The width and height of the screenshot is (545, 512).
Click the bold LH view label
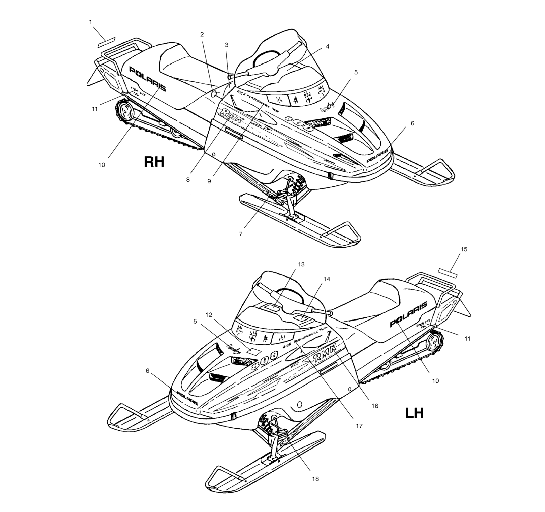coord(414,413)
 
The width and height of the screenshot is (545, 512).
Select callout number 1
coord(91,22)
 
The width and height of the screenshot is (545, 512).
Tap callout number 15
coord(464,249)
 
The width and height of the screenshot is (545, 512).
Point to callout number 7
coord(241,234)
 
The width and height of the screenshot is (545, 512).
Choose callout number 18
coord(315,479)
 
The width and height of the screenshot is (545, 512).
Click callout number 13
coord(301,264)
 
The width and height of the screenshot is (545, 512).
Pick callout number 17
coord(359,426)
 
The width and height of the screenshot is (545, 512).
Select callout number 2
coord(202,34)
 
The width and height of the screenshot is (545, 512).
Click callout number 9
coord(209,181)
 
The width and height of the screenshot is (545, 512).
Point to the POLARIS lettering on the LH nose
coord(188,398)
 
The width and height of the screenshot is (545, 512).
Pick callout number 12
coord(209,315)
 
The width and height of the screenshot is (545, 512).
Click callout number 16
coord(375,406)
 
